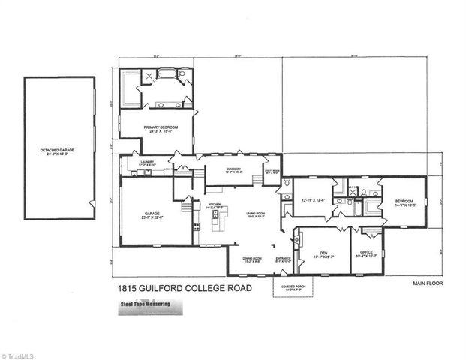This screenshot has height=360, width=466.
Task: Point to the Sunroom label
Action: pyautogui.click(x=233, y=169)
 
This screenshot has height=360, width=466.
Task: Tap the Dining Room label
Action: pyautogui.click(x=251, y=259)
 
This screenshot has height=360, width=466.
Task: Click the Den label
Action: pyautogui.click(x=322, y=253)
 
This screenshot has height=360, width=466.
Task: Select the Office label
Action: pyautogui.click(x=365, y=253)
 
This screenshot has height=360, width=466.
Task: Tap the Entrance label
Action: pyautogui.click(x=283, y=259)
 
